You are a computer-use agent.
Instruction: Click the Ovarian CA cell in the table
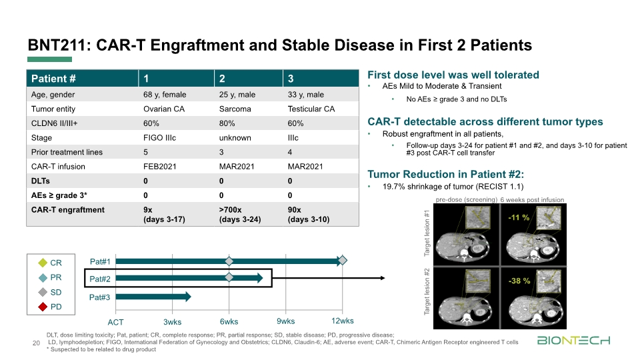click(164, 109)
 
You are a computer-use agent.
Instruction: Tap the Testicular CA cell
click(311, 109)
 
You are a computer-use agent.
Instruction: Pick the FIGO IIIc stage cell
click(162, 138)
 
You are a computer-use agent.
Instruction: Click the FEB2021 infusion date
click(160, 167)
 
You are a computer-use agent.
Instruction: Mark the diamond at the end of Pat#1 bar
click(343, 260)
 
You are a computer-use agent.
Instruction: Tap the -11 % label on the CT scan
click(518, 217)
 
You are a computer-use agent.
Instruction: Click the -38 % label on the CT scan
click(518, 281)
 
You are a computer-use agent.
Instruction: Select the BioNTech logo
click(573, 341)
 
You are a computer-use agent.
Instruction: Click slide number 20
click(37, 343)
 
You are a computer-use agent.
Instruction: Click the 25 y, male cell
click(237, 95)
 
